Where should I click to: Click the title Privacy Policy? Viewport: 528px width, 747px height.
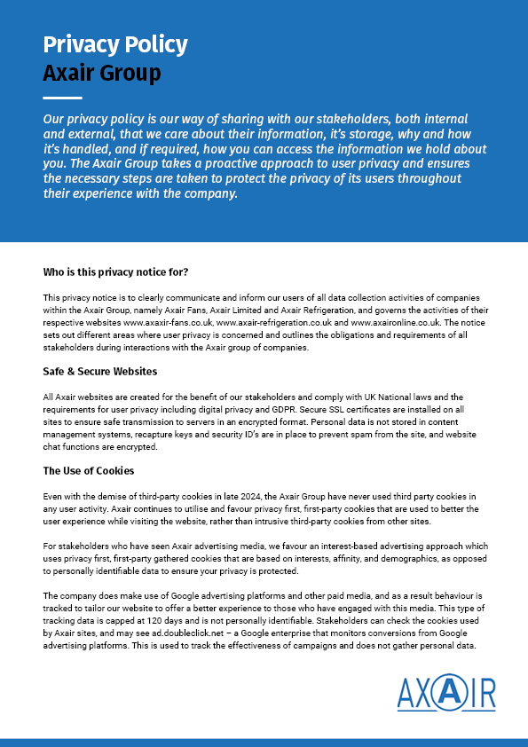tap(114, 44)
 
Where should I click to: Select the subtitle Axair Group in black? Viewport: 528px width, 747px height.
tap(102, 73)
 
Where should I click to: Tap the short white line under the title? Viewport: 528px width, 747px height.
tap(62, 98)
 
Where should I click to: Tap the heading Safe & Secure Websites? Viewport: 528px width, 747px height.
tap(100, 371)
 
